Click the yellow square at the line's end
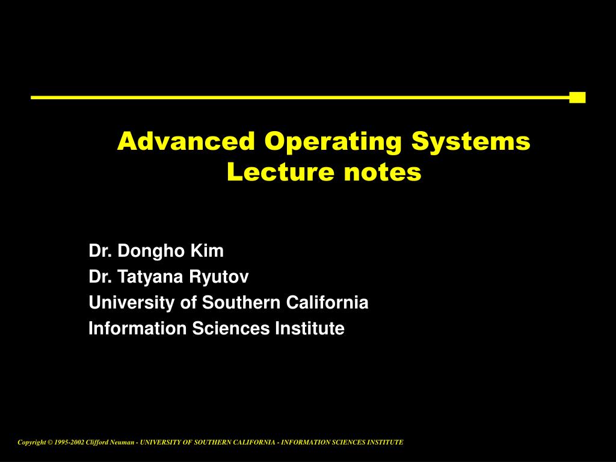tap(577, 97)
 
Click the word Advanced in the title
tap(186, 141)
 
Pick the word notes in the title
tap(383, 173)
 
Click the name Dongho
tap(151, 251)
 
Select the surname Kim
tap(207, 250)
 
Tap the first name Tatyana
tap(150, 277)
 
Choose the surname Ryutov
tap(219, 277)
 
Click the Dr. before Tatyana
tap(100, 276)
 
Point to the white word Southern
tap(241, 302)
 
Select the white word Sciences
tap(231, 328)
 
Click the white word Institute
tap(310, 328)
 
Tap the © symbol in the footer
tap(50, 442)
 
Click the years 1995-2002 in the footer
tap(69, 442)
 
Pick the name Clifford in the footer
tap(97, 442)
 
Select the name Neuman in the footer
tap(122, 442)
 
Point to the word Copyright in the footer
tap(32, 443)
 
